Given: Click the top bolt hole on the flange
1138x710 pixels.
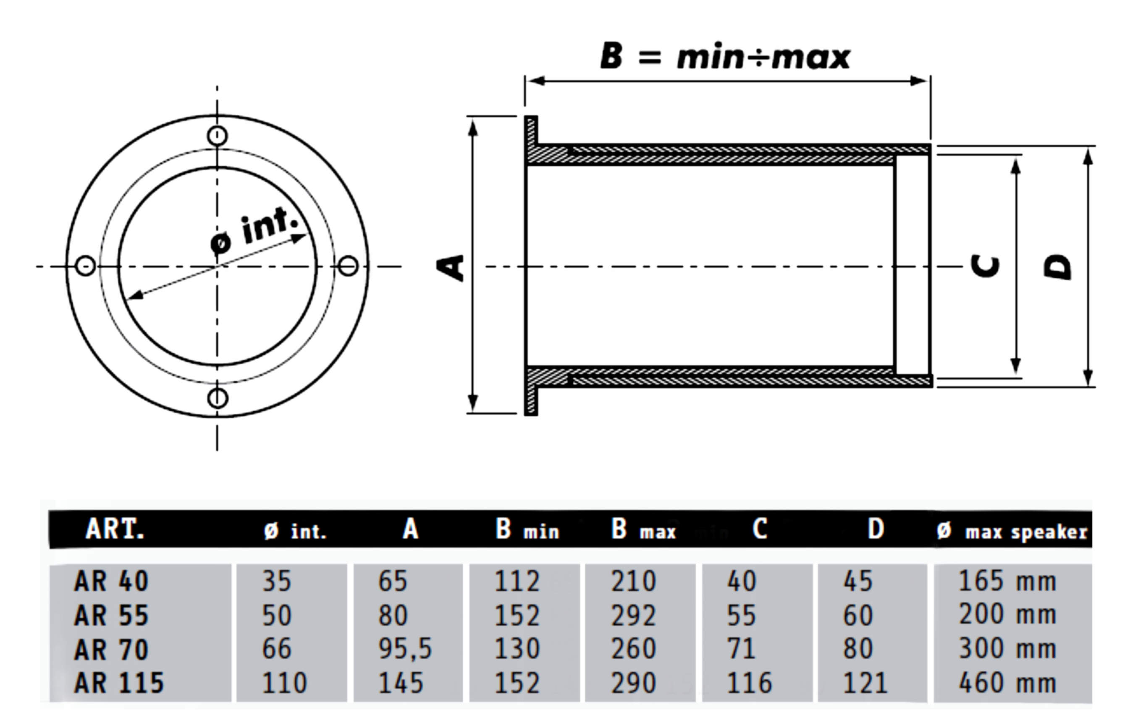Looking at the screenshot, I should [217, 136].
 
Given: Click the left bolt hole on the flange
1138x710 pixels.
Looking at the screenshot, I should [86, 266].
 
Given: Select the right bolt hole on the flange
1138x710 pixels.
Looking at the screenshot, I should [348, 266].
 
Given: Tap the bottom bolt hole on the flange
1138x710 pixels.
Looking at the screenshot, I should [217, 398].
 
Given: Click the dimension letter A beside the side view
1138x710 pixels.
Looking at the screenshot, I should [450, 268].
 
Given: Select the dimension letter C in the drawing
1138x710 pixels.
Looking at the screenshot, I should [985, 267].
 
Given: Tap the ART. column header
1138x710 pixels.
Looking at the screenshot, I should [115, 530].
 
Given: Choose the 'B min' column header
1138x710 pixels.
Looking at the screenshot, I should [527, 530].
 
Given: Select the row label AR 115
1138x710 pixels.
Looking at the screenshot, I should [119, 683].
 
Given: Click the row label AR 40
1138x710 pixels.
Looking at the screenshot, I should [111, 581].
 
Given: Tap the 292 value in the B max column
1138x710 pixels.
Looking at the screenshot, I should [633, 616].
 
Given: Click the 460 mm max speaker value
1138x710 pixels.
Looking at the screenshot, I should [1007, 683].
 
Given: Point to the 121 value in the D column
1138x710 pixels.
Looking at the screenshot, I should [865, 683].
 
